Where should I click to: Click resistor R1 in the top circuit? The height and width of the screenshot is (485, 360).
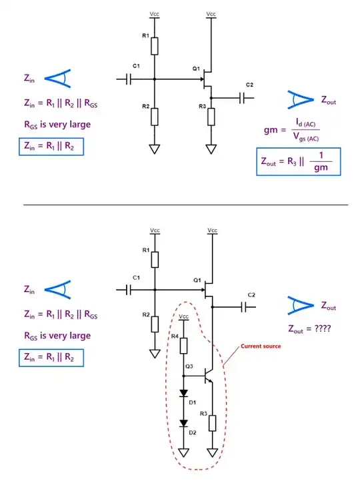coord(154,46)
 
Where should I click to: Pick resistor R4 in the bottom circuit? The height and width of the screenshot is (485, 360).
coord(185,346)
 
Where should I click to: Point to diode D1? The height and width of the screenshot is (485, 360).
coord(185,393)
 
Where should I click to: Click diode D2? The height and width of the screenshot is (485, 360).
coord(185,424)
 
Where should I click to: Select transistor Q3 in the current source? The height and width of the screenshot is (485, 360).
coord(208,378)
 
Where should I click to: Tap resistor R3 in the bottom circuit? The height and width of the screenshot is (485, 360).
coord(212,422)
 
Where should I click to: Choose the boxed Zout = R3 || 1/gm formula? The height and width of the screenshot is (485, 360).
coord(299,162)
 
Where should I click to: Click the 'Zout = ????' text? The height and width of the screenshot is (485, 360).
coord(310,328)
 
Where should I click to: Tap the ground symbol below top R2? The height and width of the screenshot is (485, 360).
coord(154,149)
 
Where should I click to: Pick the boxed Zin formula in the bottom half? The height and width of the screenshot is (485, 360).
coord(51,358)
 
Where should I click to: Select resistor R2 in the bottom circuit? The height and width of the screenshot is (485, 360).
coord(154,324)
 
